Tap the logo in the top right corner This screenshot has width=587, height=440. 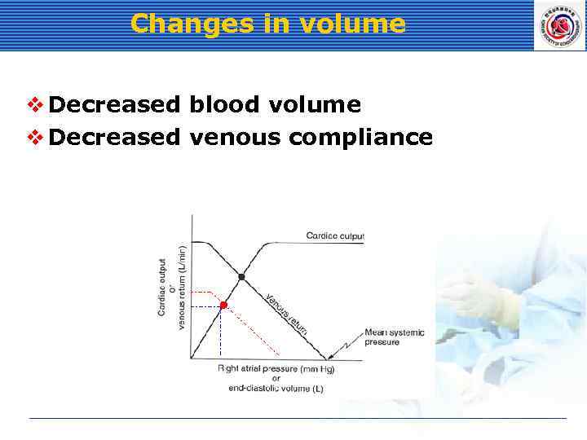pos(558,25)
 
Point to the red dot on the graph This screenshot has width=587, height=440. pos(224,305)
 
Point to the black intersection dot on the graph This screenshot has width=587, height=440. pos(241,278)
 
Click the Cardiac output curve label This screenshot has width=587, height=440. pos(335,236)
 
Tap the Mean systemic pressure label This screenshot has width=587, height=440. pos(394,337)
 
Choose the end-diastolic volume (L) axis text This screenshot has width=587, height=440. pos(276,389)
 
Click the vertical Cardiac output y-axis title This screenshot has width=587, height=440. pos(162,287)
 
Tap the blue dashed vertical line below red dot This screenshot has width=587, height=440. pos(221,334)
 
